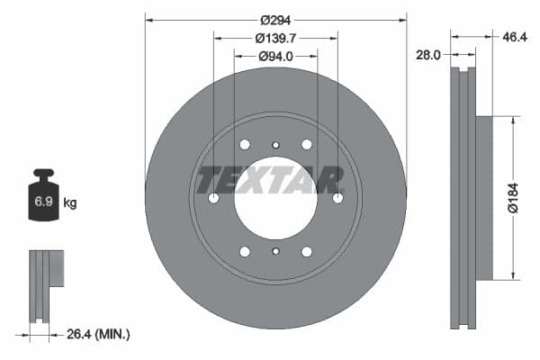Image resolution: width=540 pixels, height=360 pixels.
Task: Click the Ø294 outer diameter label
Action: (275, 20)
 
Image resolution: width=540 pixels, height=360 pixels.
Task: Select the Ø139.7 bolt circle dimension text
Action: (275, 39)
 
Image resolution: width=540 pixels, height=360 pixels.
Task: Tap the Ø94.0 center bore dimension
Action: (275, 57)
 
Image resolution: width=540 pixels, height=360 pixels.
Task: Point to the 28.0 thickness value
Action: (427, 55)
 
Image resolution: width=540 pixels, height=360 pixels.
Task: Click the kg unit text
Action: (70, 203)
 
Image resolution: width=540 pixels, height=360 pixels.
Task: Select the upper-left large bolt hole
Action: (245, 144)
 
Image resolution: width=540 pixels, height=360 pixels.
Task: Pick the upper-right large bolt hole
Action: (306, 144)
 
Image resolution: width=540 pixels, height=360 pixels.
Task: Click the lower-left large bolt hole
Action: (245, 251)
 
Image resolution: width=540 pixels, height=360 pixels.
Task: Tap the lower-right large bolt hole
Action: (306, 251)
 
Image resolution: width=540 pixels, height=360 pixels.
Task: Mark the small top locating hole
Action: (275, 144)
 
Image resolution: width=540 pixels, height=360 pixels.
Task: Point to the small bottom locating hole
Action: (275, 252)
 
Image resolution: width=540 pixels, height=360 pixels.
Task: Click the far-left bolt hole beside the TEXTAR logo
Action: (213, 198)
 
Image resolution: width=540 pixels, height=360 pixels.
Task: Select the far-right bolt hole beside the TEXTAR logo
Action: (337, 198)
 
